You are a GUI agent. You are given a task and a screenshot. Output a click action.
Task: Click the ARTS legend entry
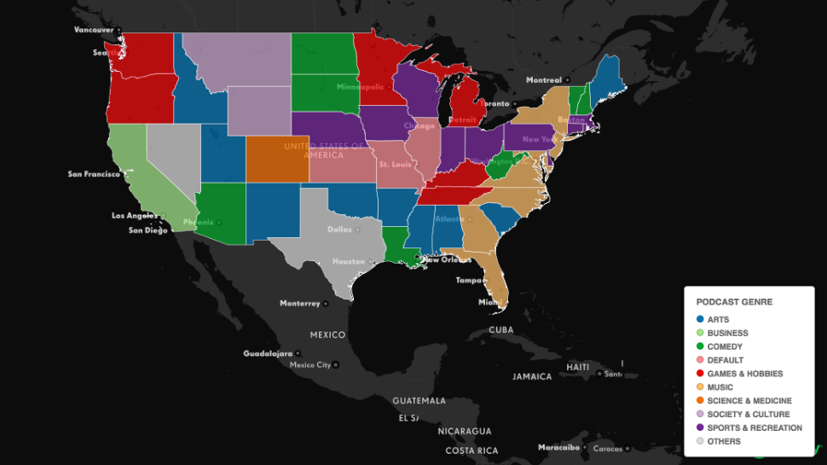click(718, 319)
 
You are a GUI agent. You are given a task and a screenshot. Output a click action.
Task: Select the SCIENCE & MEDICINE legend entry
click(749, 401)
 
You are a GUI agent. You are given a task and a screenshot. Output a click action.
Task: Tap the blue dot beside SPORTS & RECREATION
click(700, 428)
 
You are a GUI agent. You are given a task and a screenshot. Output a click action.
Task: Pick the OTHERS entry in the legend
click(723, 441)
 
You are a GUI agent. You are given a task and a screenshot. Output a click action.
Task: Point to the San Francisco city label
click(94, 174)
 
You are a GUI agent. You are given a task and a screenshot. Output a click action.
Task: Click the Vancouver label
click(94, 30)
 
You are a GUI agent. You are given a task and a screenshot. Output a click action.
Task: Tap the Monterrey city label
click(299, 304)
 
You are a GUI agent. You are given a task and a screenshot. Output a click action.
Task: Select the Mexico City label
click(310, 365)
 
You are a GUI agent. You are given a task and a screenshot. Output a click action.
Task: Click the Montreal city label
click(544, 80)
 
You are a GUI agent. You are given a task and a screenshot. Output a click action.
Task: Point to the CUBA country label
click(501, 330)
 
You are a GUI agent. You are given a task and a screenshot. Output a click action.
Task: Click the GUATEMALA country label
click(419, 400)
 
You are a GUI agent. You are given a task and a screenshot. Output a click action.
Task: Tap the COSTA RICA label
click(471, 450)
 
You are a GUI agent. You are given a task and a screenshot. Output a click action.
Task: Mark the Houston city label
click(348, 262)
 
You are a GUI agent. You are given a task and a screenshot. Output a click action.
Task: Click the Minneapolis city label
click(361, 87)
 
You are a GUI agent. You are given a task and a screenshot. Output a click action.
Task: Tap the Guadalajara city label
click(268, 353)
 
